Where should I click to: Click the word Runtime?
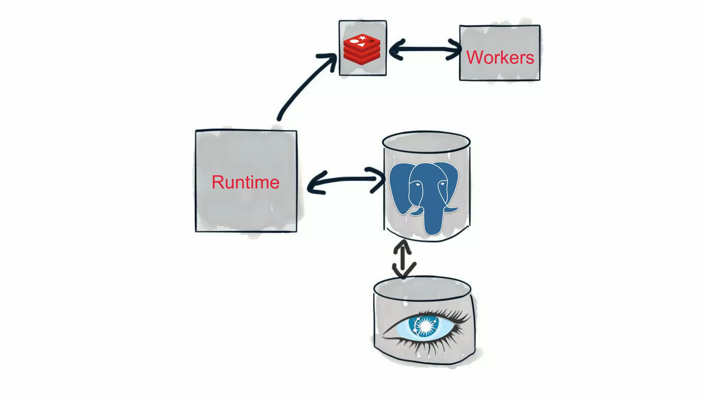(x=245, y=182)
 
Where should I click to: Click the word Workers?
(x=500, y=57)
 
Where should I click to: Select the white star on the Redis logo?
(x=362, y=38)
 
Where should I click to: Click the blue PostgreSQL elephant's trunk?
(x=433, y=221)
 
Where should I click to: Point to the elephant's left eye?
(x=417, y=185)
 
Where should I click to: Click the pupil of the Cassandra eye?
(x=425, y=326)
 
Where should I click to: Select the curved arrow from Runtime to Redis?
(x=303, y=86)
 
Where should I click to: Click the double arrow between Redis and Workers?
(x=425, y=49)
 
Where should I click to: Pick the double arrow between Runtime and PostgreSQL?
(x=345, y=180)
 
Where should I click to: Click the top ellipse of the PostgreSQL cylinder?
(x=426, y=142)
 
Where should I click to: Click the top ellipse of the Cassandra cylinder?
(x=422, y=287)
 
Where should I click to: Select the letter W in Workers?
(x=476, y=57)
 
